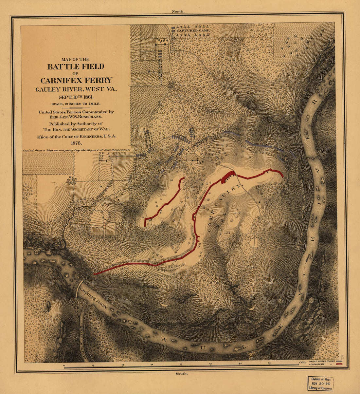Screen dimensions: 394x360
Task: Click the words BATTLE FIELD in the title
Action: pos(76,67)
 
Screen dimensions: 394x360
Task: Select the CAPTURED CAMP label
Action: pos(193,30)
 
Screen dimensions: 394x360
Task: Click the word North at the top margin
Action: pos(178,11)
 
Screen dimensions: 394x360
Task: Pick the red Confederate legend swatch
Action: pos(339,365)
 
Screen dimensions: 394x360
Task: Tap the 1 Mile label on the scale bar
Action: pos(302,362)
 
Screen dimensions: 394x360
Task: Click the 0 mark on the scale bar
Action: pos(64,365)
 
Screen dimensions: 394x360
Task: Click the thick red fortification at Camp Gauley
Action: pos(228,177)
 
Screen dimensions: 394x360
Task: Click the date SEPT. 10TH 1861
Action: pos(76,97)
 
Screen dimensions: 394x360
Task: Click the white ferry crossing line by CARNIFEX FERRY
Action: pos(78,288)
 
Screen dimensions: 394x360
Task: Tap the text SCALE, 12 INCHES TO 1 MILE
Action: pos(76,104)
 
